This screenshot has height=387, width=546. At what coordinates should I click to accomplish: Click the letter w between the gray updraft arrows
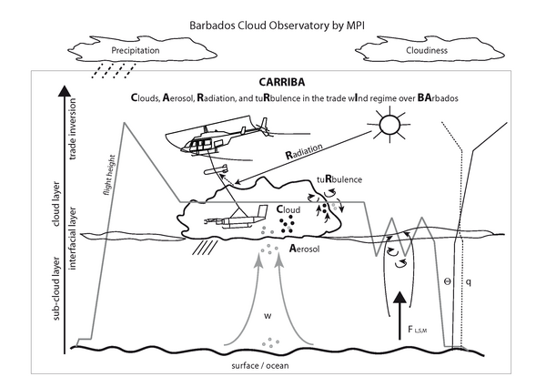click(267, 316)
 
